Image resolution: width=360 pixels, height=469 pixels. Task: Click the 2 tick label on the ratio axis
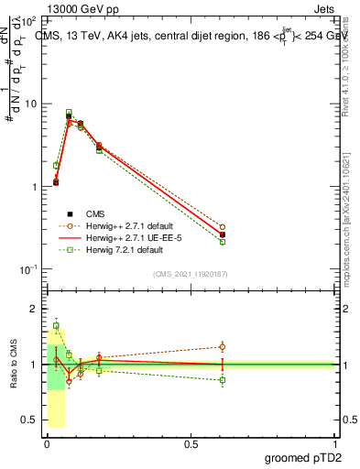point(32,310)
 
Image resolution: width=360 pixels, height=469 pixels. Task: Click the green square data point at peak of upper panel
point(69,113)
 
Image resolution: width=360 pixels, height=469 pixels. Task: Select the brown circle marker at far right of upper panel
point(223,227)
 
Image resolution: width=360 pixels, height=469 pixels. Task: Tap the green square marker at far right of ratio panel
point(223,379)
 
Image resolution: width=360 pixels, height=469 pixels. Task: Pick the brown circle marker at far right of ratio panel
point(223,346)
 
